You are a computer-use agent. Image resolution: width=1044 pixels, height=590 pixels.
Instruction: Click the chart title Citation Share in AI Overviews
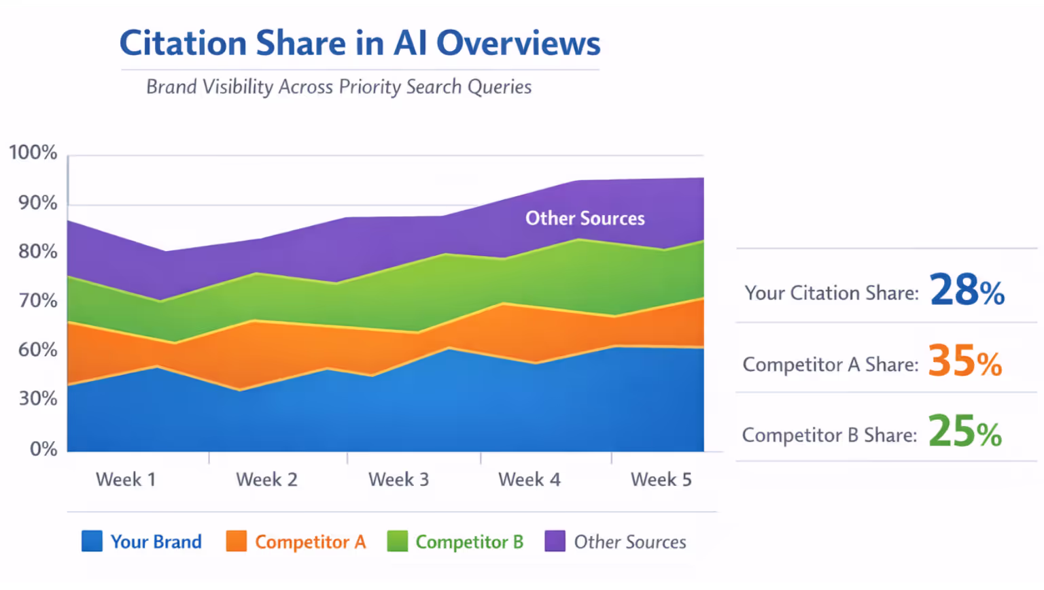(360, 44)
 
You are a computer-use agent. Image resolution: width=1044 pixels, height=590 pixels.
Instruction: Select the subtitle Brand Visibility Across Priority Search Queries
(338, 87)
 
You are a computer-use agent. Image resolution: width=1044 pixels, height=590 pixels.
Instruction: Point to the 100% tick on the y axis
(33, 152)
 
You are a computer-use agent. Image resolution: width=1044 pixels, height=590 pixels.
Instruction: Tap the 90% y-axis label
(37, 203)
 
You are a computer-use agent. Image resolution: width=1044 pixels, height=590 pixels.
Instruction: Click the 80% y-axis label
(37, 252)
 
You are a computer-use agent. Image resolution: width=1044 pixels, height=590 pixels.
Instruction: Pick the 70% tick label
(37, 301)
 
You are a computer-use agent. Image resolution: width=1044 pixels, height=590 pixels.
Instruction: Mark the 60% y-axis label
(37, 350)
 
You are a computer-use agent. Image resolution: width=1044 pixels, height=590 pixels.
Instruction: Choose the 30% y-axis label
(37, 399)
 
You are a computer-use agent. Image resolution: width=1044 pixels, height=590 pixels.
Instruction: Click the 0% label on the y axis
(43, 449)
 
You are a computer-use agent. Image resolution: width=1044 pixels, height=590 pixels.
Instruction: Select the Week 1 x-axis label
(126, 480)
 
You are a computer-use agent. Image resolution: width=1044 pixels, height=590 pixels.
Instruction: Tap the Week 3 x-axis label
(398, 480)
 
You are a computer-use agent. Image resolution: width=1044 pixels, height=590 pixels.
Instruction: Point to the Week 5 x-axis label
(661, 480)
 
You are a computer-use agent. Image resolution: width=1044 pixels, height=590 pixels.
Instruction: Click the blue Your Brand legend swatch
(92, 542)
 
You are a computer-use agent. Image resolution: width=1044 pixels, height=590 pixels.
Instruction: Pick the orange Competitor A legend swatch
(236, 542)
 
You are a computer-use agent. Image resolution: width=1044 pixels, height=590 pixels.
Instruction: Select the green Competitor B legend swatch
(397, 542)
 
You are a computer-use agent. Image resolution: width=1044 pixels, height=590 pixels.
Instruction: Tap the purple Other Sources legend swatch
(555, 542)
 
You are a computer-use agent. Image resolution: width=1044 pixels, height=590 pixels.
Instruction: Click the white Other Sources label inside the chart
(585, 218)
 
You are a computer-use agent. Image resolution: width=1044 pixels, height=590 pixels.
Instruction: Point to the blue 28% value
(967, 291)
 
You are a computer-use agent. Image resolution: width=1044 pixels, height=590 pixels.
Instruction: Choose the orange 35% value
(964, 361)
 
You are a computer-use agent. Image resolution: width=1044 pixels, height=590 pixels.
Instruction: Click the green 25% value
(964, 432)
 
